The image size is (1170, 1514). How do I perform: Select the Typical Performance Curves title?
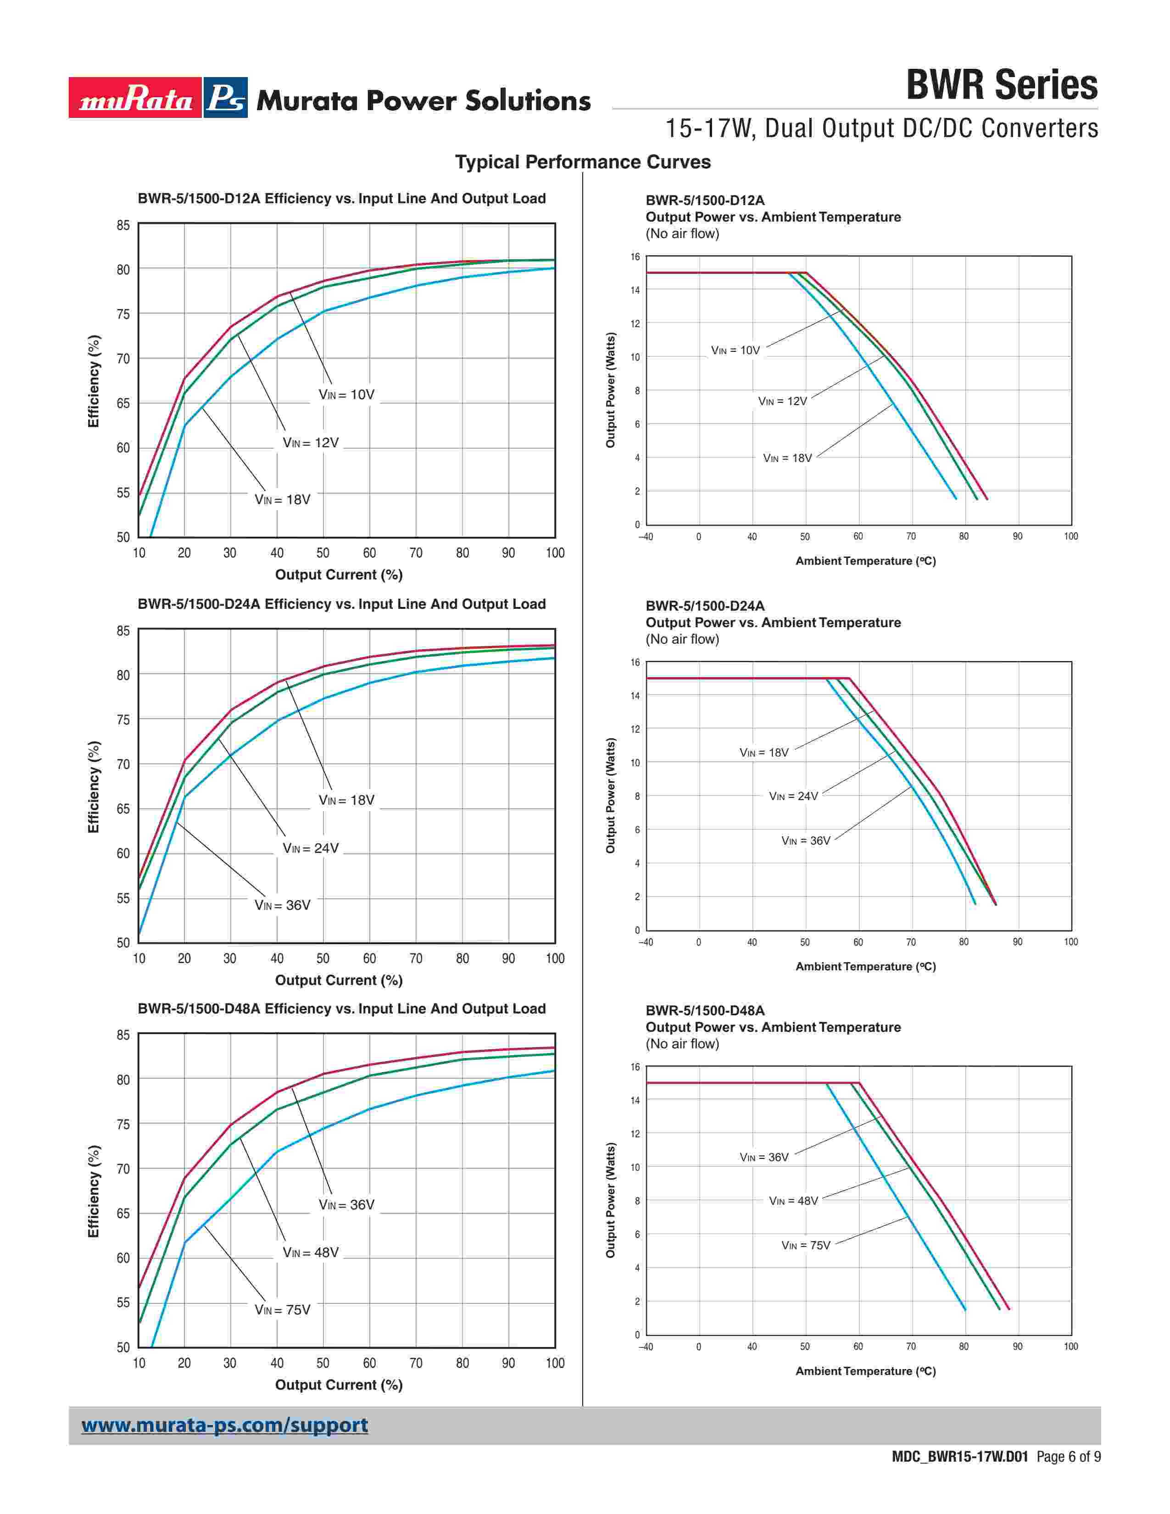tap(583, 162)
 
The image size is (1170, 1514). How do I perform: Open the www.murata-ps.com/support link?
tap(224, 1425)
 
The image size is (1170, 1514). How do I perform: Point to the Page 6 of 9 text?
tap(1069, 1457)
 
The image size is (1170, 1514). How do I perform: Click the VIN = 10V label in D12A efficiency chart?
tap(346, 395)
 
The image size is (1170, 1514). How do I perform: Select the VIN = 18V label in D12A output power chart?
tap(787, 458)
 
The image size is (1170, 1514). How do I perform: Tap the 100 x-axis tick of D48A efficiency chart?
tap(555, 1364)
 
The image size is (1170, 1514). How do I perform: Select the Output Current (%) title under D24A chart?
tap(339, 980)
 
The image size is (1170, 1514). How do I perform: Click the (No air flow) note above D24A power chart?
tap(683, 639)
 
